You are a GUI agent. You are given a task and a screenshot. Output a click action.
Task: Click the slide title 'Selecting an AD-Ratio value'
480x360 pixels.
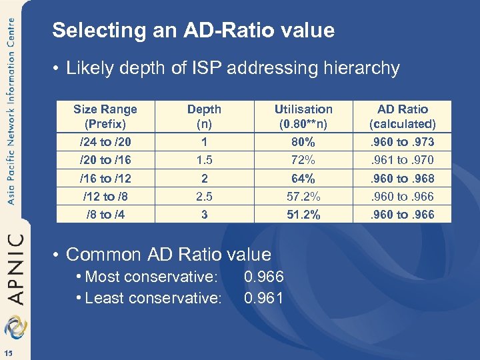[x=193, y=31]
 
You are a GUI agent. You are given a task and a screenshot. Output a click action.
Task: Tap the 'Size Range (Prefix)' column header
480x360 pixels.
[x=105, y=116]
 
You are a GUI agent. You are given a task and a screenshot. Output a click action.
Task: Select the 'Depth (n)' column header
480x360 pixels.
[x=204, y=116]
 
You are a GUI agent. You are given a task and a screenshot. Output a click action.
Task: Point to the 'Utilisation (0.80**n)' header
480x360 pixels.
[x=303, y=116]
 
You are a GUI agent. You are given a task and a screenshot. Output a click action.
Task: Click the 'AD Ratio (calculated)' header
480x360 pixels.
[x=403, y=116]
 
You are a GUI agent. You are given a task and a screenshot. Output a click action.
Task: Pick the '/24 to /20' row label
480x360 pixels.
[x=105, y=142]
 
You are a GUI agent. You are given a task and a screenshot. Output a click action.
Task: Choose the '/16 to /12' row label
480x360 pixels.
[x=105, y=179]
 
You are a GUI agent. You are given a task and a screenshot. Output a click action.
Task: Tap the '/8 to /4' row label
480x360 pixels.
[x=105, y=215]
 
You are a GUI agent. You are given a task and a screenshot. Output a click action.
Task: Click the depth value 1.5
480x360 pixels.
[x=204, y=160]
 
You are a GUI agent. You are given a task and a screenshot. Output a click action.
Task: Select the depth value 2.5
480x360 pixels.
[x=204, y=197]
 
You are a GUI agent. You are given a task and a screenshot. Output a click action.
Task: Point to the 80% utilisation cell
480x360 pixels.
[x=303, y=142]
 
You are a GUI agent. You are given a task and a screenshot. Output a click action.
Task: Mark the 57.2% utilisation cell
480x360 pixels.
[x=303, y=197]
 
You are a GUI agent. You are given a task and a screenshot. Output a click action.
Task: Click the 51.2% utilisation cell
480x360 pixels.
[x=303, y=215]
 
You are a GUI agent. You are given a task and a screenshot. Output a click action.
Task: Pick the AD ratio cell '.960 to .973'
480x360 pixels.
[x=403, y=142]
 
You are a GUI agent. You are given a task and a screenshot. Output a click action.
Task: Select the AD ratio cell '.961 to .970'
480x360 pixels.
[x=403, y=160]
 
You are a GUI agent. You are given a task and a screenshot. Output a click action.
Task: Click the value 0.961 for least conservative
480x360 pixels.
[x=264, y=298]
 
